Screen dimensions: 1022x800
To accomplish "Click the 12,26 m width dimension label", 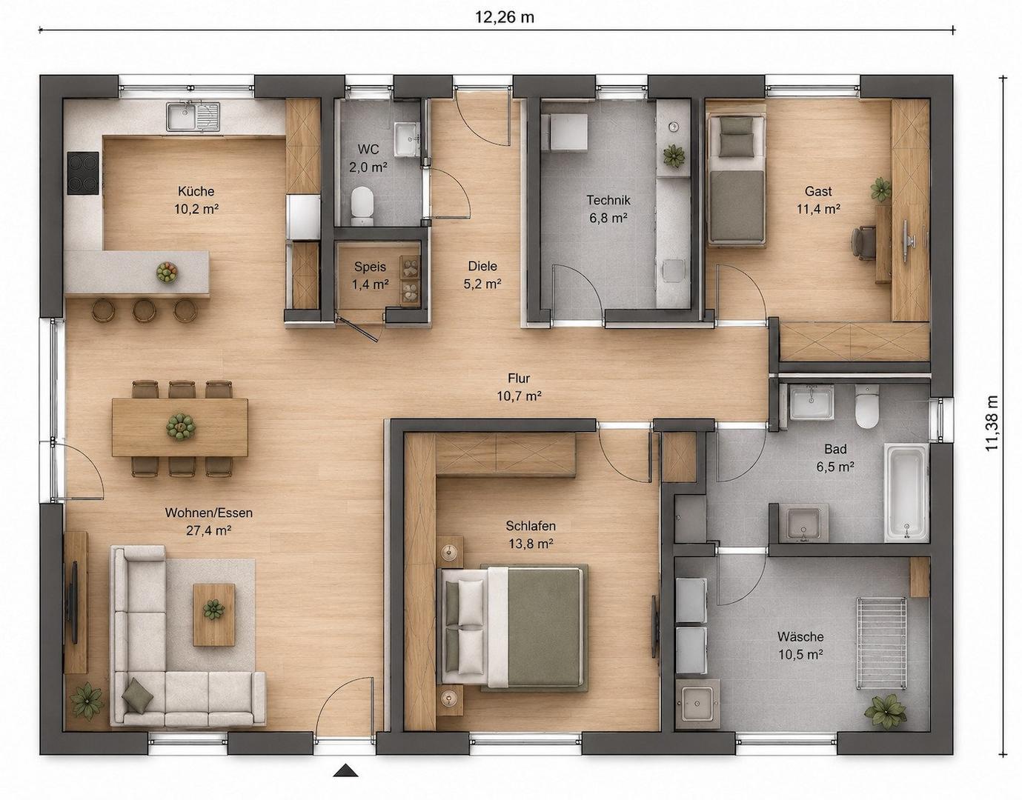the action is [504, 17].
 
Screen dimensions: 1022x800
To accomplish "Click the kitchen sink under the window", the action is [193, 117].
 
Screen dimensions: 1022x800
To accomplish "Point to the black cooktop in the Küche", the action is [83, 173].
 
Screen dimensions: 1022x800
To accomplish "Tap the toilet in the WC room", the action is [362, 207].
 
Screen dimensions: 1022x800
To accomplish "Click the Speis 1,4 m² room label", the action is [370, 276].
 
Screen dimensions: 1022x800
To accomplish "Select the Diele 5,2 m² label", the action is [482, 275].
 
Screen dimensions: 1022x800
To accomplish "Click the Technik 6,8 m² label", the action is [608, 209].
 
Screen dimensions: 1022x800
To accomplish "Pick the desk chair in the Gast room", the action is [863, 242].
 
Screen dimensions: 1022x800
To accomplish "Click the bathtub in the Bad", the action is [906, 492].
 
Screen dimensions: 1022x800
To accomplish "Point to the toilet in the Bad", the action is [867, 406].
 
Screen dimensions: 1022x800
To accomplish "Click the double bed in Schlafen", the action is [513, 628].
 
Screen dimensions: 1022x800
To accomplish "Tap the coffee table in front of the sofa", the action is [214, 615].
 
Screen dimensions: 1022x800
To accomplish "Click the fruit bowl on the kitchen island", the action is [167, 272].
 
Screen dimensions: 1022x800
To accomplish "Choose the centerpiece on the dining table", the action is [181, 427].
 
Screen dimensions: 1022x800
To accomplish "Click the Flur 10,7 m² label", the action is [520, 387].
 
